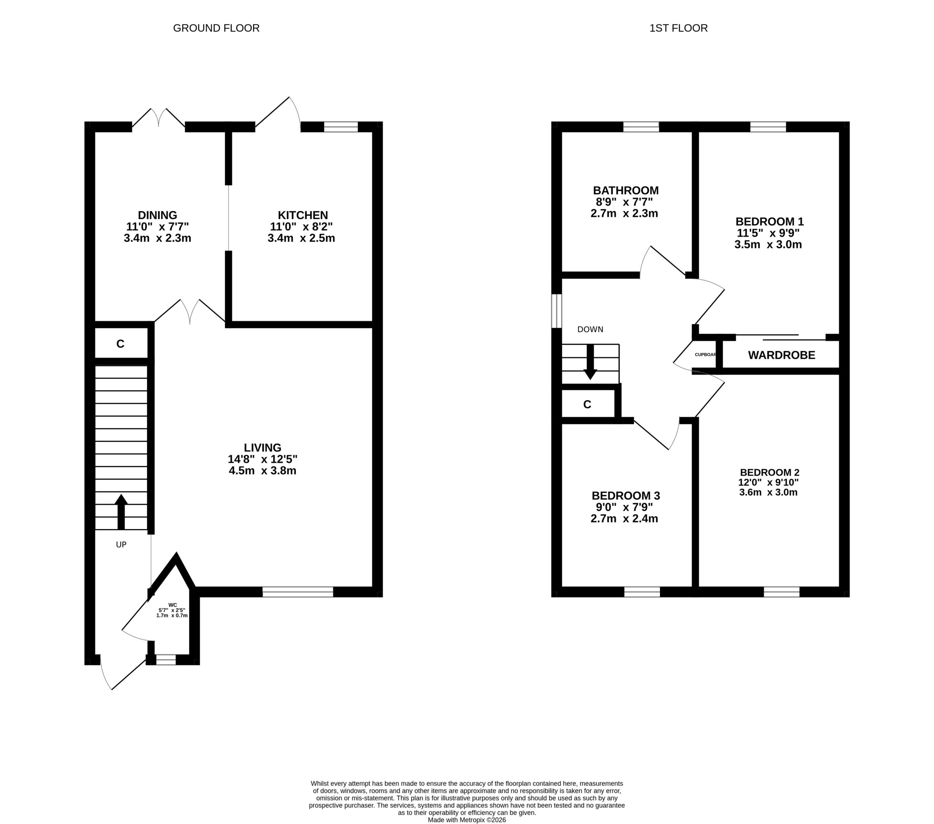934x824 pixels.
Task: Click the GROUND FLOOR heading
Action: [216, 28]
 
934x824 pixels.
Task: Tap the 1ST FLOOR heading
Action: [679, 28]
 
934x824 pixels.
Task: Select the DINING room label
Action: [158, 215]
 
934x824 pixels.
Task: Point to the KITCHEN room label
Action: [303, 215]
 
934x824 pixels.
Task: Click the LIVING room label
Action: [263, 448]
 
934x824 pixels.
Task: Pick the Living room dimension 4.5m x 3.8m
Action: [263, 470]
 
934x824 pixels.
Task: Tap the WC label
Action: [173, 605]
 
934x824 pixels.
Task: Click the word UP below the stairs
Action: [121, 544]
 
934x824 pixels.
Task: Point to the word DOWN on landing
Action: [590, 329]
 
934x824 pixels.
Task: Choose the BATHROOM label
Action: [626, 190]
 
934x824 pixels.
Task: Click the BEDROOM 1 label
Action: [769, 222]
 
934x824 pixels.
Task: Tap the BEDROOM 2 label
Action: [769, 472]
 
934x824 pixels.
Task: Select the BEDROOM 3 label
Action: [626, 495]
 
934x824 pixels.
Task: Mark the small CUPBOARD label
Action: [706, 354]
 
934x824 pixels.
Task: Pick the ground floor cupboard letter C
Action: [121, 344]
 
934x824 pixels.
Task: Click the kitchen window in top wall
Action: [341, 127]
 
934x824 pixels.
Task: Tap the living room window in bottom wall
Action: [298, 592]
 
